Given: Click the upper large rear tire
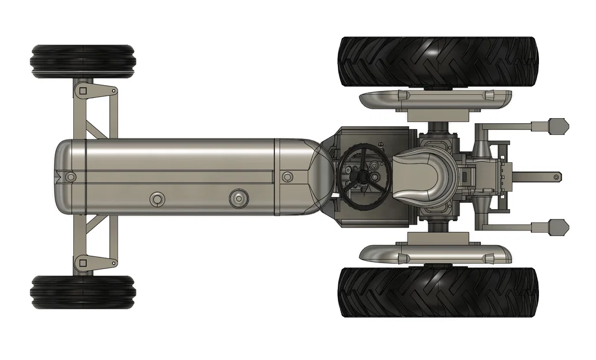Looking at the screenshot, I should (x=438, y=62).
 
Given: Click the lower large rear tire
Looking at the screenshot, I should (x=438, y=292).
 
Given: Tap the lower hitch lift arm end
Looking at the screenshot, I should (x=558, y=227).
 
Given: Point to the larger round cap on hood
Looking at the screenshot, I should (x=238, y=199).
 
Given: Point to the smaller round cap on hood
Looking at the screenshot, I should (x=156, y=199).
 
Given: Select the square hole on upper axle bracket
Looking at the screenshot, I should (x=83, y=90).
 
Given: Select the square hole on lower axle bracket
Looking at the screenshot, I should (x=83, y=263).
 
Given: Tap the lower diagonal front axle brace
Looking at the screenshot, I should (x=97, y=228).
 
